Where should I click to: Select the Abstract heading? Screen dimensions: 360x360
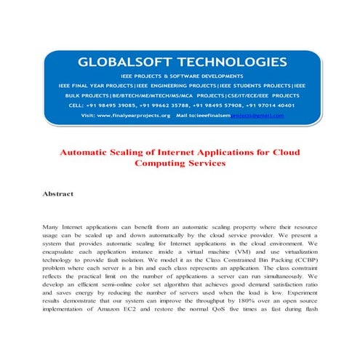[x=61, y=195]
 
